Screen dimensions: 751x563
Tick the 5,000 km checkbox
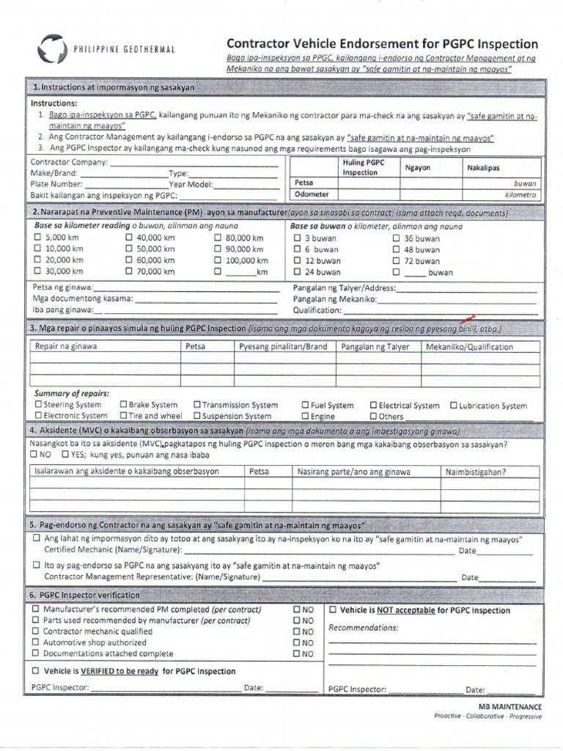[37, 238]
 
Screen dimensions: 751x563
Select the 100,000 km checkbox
[218, 260]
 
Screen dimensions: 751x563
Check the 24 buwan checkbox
[297, 271]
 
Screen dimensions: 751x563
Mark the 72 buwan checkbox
[396, 260]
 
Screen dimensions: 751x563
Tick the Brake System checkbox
[123, 405]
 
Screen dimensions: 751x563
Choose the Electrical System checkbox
[373, 405]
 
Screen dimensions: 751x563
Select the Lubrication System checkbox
[453, 405]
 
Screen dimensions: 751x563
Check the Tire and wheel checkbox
[123, 416]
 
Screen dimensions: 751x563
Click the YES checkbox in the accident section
[66, 455]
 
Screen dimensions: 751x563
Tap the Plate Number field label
[56, 184]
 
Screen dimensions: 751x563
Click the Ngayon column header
[418, 167]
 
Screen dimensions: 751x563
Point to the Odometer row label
[312, 194]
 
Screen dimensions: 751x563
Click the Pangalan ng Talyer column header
[375, 347]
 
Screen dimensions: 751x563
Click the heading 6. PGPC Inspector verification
[84, 595]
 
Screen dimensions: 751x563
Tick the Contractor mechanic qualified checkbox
[37, 631]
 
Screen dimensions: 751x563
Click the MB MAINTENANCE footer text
[510, 706]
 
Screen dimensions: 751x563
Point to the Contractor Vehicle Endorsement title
[382, 44]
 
